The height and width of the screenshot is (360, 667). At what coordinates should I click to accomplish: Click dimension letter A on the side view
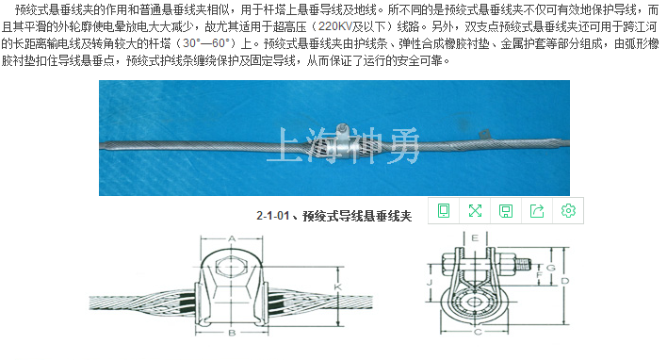click(232, 238)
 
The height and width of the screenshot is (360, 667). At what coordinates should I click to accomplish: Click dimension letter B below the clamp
click(232, 333)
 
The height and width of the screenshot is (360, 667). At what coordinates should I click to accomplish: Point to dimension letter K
click(338, 287)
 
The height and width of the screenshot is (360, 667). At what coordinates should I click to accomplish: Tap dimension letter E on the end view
click(475, 237)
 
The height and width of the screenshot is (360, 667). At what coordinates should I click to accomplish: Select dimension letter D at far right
click(565, 281)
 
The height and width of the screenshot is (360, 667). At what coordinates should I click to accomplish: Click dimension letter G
click(551, 268)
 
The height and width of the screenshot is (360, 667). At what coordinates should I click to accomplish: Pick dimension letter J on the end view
click(430, 283)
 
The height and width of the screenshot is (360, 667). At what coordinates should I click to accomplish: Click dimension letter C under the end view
click(478, 332)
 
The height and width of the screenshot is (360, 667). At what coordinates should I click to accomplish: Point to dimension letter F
click(540, 275)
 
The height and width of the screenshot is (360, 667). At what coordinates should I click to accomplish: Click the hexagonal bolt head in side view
click(230, 268)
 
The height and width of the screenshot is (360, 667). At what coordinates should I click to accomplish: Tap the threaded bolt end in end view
click(523, 264)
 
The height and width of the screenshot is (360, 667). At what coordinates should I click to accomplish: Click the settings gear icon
click(568, 211)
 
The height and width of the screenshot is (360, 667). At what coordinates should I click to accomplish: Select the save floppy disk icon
click(506, 211)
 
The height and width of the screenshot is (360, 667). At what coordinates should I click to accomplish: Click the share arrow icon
click(537, 211)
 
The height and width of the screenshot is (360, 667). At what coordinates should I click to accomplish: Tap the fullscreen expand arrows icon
click(475, 211)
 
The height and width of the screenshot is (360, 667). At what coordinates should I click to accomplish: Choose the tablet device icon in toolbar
click(444, 211)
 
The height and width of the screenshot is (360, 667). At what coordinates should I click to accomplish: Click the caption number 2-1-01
click(272, 216)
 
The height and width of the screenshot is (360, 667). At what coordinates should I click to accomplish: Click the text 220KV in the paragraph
click(334, 26)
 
